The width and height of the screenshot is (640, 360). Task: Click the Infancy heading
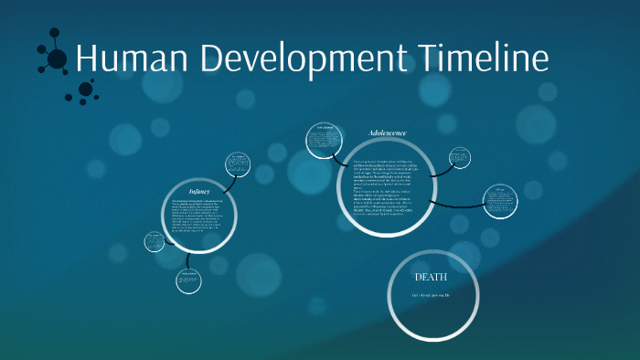click(x=200, y=190)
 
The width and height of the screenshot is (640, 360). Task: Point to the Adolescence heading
click(x=388, y=133)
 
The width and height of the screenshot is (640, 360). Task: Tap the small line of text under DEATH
click(x=432, y=298)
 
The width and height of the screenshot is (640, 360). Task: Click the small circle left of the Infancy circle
click(x=154, y=241)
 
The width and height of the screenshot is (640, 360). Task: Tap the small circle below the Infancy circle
click(x=189, y=280)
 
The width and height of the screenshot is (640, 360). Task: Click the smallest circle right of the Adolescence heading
click(x=460, y=159)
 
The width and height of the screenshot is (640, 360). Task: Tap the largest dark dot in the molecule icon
click(x=57, y=60)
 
